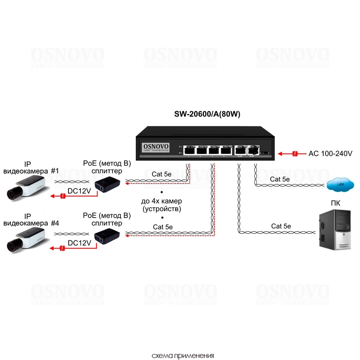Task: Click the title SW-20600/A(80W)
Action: pyautogui.click(x=207, y=114)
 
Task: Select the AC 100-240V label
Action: pyautogui.click(x=330, y=153)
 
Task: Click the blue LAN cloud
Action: pyautogui.click(x=340, y=184)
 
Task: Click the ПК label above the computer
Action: pyautogui.click(x=335, y=203)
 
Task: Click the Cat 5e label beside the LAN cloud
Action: pyautogui.click(x=280, y=179)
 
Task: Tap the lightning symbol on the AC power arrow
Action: pyautogui.click(x=295, y=153)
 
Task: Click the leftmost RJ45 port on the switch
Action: pyautogui.click(x=190, y=150)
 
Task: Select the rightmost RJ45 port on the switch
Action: pyautogui.click(x=253, y=150)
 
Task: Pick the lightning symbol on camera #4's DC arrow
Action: pyautogui.click(x=62, y=248)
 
